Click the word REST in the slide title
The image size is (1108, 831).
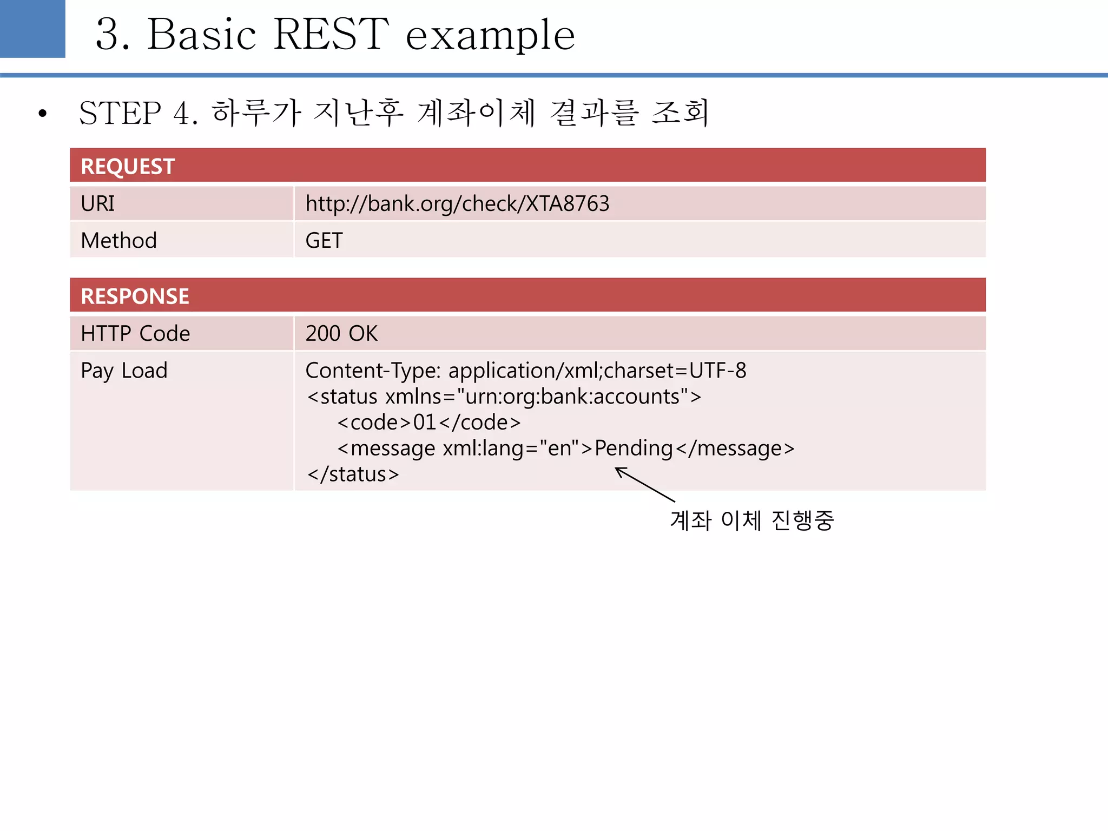(331, 34)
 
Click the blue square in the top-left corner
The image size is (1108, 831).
(32, 29)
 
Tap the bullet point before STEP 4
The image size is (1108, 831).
(43, 114)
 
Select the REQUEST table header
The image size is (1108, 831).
(128, 166)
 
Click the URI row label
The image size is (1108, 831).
(98, 204)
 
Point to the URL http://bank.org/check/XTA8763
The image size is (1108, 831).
(457, 204)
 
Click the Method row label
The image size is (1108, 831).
(118, 241)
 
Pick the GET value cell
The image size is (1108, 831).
(324, 241)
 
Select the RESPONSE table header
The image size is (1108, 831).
(135, 296)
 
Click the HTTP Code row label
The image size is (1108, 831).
(135, 334)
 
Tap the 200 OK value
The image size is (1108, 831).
(341, 334)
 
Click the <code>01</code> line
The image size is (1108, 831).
(428, 423)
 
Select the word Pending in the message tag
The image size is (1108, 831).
(634, 449)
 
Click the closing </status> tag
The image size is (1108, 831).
(353, 474)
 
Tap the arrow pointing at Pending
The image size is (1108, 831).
(645, 484)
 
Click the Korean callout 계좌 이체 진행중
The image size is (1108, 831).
(752, 520)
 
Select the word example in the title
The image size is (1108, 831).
(490, 34)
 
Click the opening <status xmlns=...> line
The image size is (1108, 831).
(504, 397)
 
